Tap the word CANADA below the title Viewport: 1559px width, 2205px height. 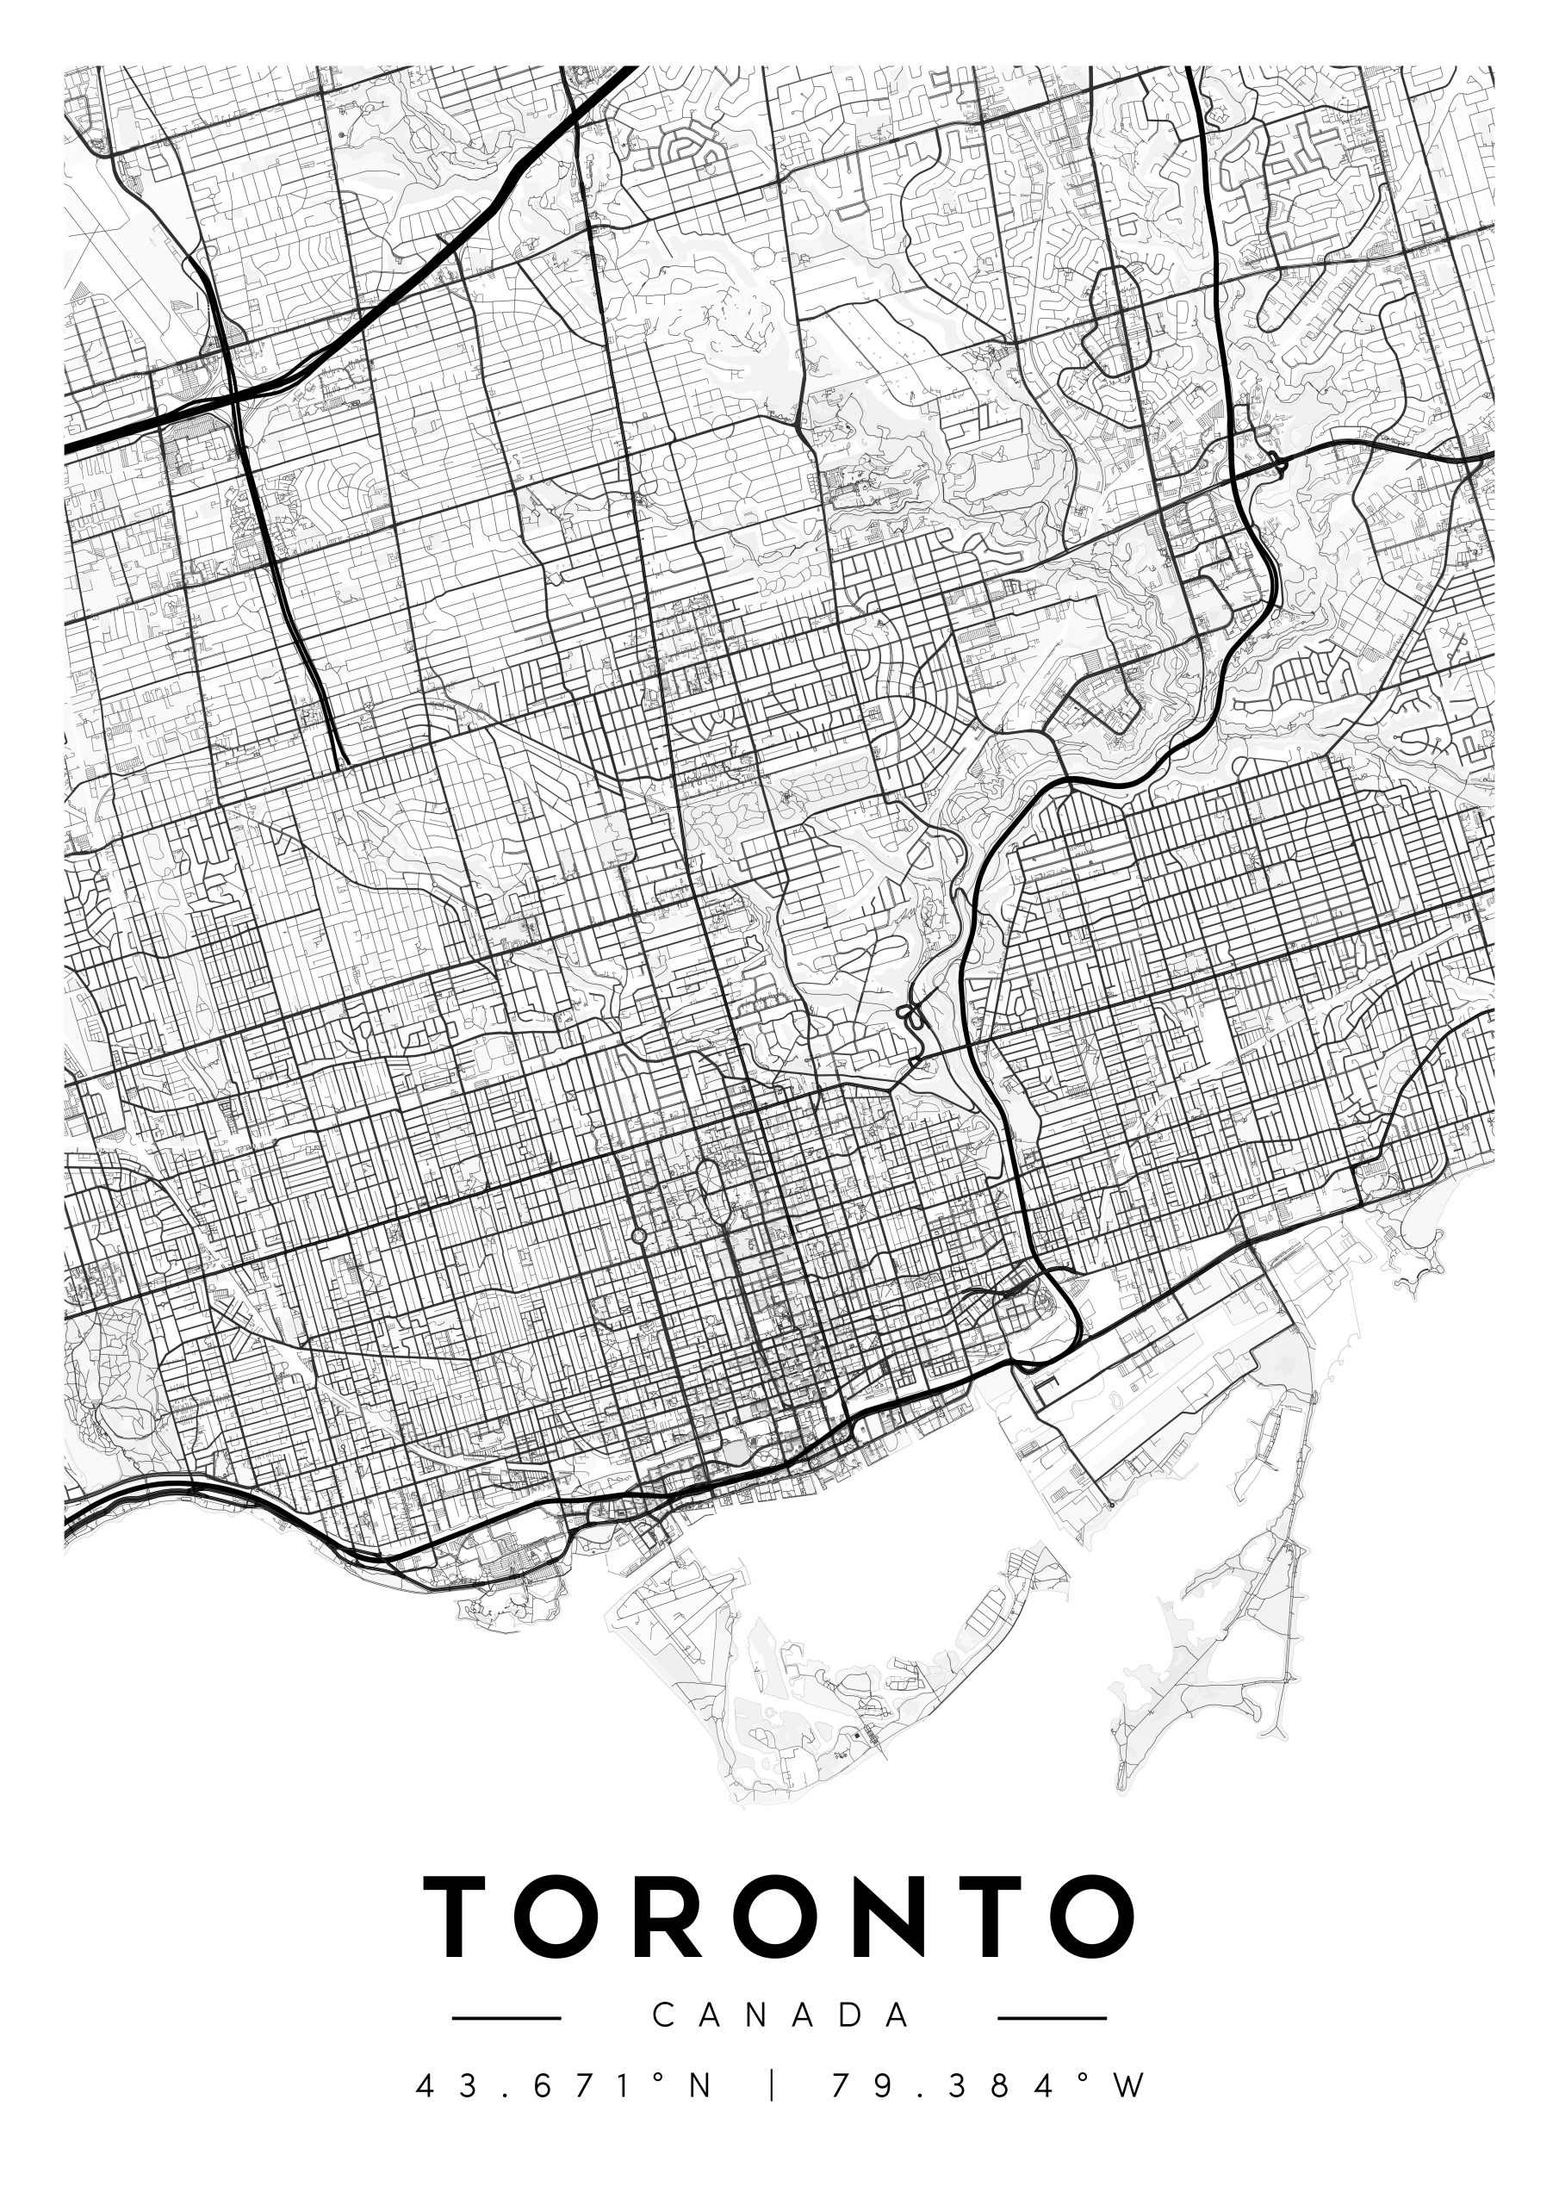pos(780,2015)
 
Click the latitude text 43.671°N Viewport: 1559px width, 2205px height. pos(565,2086)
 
